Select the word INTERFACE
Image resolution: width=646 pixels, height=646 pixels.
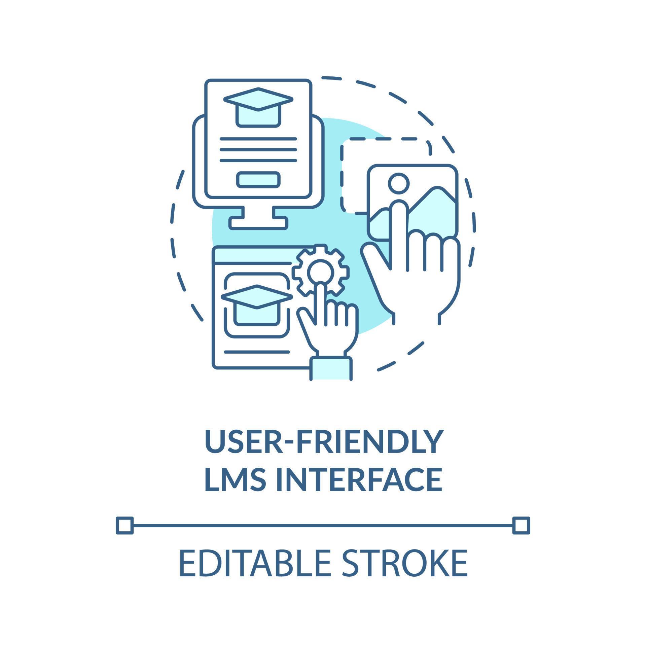pyautogui.click(x=359, y=479)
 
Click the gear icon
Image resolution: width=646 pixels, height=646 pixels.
pyautogui.click(x=320, y=270)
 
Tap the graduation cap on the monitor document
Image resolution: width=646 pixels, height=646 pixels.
pyautogui.click(x=258, y=107)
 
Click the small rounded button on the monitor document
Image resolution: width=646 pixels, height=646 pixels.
pyautogui.click(x=258, y=180)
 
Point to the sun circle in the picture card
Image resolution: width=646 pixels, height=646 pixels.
pyautogui.click(x=399, y=183)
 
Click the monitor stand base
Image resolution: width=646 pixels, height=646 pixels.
pyautogui.click(x=258, y=223)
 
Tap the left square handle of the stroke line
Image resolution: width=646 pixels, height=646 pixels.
pyautogui.click(x=124, y=525)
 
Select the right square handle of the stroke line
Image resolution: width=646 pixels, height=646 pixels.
pyautogui.click(x=521, y=525)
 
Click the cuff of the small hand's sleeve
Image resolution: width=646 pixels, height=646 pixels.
pyautogui.click(x=331, y=368)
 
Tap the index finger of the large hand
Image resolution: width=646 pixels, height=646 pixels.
pyautogui.click(x=399, y=229)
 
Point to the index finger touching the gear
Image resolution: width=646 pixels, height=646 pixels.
pyautogui.click(x=321, y=299)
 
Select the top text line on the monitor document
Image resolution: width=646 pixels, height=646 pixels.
pyautogui.click(x=258, y=139)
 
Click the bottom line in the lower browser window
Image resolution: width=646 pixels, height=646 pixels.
pyautogui.click(x=256, y=352)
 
